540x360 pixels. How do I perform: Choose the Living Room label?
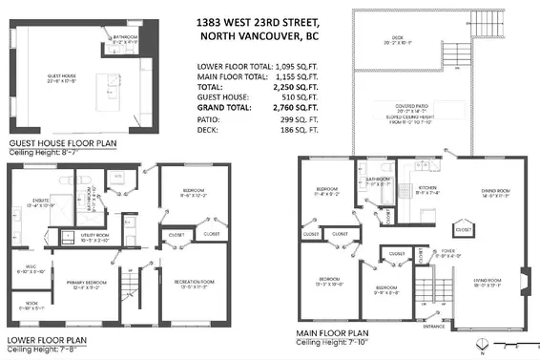pyautogui.click(x=488, y=284)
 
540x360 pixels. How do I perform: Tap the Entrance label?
pyautogui.click(x=434, y=328)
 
